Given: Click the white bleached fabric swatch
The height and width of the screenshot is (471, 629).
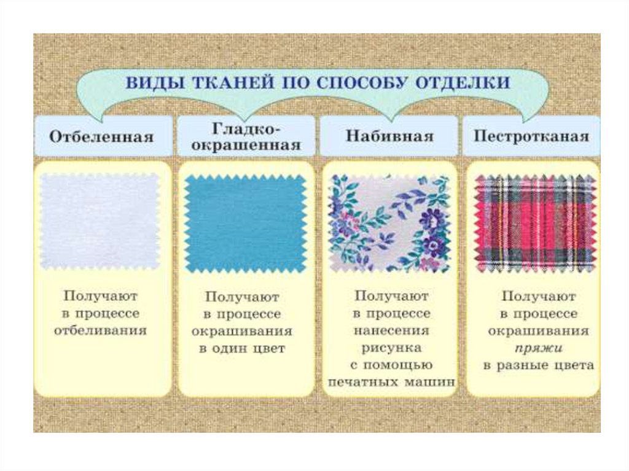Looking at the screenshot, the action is pos(100,221).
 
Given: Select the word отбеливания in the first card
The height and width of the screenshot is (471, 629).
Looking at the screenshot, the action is pos(101,330).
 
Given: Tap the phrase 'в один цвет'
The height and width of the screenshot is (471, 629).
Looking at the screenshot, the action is pos(243,349).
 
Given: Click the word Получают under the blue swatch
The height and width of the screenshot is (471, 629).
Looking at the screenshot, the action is pos(243,297).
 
